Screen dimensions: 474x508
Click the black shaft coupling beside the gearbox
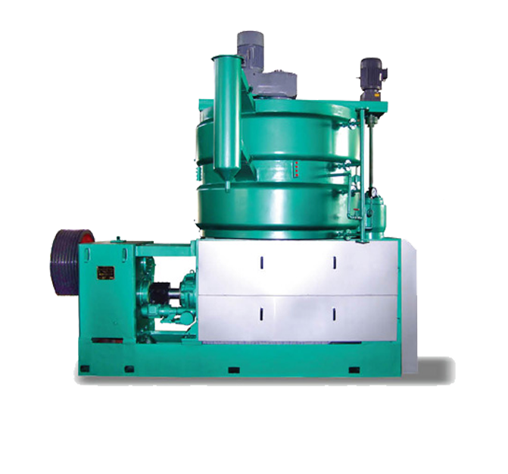click(161, 292)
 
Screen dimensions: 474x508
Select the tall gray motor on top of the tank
click(251, 49)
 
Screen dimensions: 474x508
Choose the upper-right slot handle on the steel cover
click(334, 262)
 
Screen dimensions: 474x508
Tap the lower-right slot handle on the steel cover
click(334, 314)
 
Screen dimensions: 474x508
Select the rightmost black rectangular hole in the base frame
click(353, 370)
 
